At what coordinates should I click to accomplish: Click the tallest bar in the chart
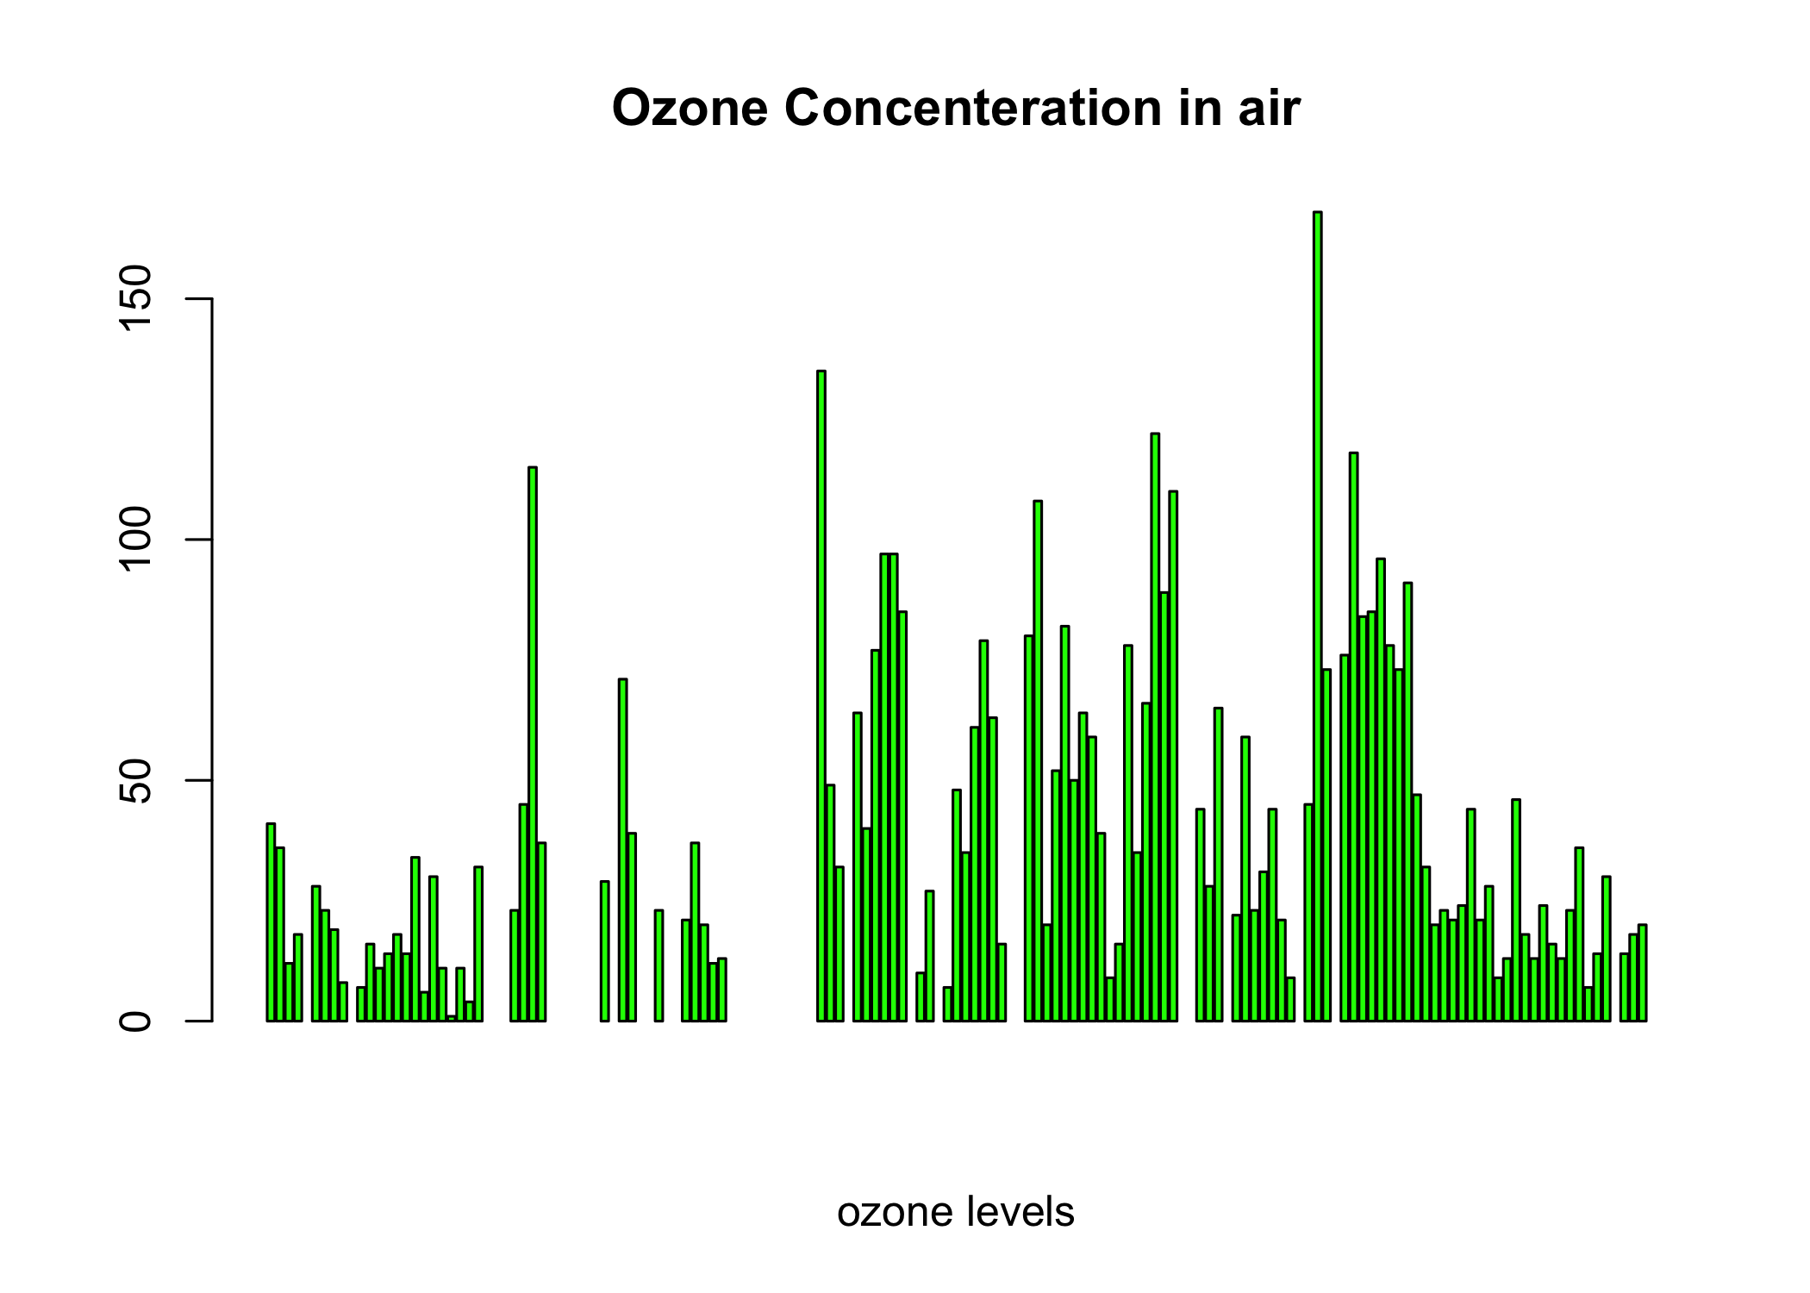(x=1317, y=616)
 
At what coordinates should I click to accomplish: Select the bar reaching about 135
(x=821, y=696)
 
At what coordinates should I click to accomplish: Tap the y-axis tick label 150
(x=136, y=298)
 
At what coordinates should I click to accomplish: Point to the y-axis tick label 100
(x=136, y=539)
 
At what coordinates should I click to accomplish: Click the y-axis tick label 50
(x=136, y=780)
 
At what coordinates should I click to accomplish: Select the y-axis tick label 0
(x=136, y=1021)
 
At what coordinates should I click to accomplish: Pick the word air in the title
(x=1270, y=109)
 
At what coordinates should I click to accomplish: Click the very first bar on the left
(x=271, y=922)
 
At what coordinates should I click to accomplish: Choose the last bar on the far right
(x=1642, y=973)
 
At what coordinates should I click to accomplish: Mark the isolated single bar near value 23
(x=658, y=965)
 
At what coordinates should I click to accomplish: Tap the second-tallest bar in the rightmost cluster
(x=1353, y=737)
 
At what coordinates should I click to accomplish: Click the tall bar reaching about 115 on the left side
(x=533, y=744)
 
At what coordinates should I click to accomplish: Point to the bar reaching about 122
(x=1155, y=728)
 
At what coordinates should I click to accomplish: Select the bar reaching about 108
(x=1038, y=761)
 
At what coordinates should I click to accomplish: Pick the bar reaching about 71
(x=622, y=850)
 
